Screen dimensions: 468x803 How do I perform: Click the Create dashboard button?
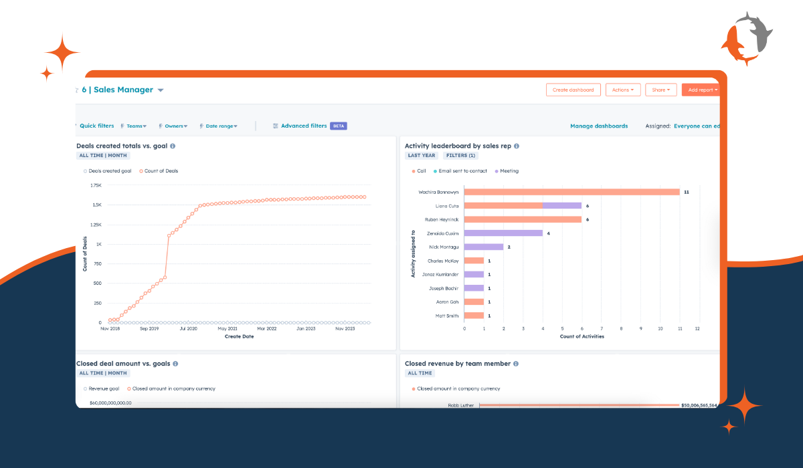click(573, 90)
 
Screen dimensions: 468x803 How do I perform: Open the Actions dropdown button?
click(622, 90)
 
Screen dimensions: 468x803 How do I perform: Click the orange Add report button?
click(701, 90)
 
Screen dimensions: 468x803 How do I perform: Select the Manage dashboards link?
click(598, 126)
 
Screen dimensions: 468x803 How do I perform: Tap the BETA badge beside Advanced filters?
click(339, 126)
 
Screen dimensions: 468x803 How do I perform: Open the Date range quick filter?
click(221, 126)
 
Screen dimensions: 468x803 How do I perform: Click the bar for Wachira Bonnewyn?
click(571, 192)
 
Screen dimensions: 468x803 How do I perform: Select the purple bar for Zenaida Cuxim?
click(503, 233)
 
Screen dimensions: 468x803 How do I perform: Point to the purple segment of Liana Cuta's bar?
click(562, 206)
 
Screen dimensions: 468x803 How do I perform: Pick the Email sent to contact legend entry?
click(461, 171)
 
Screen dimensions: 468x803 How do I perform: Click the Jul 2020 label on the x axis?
click(187, 329)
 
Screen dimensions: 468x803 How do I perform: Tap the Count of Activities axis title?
click(582, 336)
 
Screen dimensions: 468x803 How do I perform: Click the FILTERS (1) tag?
click(460, 156)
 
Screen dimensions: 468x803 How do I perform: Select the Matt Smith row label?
click(447, 316)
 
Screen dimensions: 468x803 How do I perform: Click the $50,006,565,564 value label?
click(699, 405)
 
